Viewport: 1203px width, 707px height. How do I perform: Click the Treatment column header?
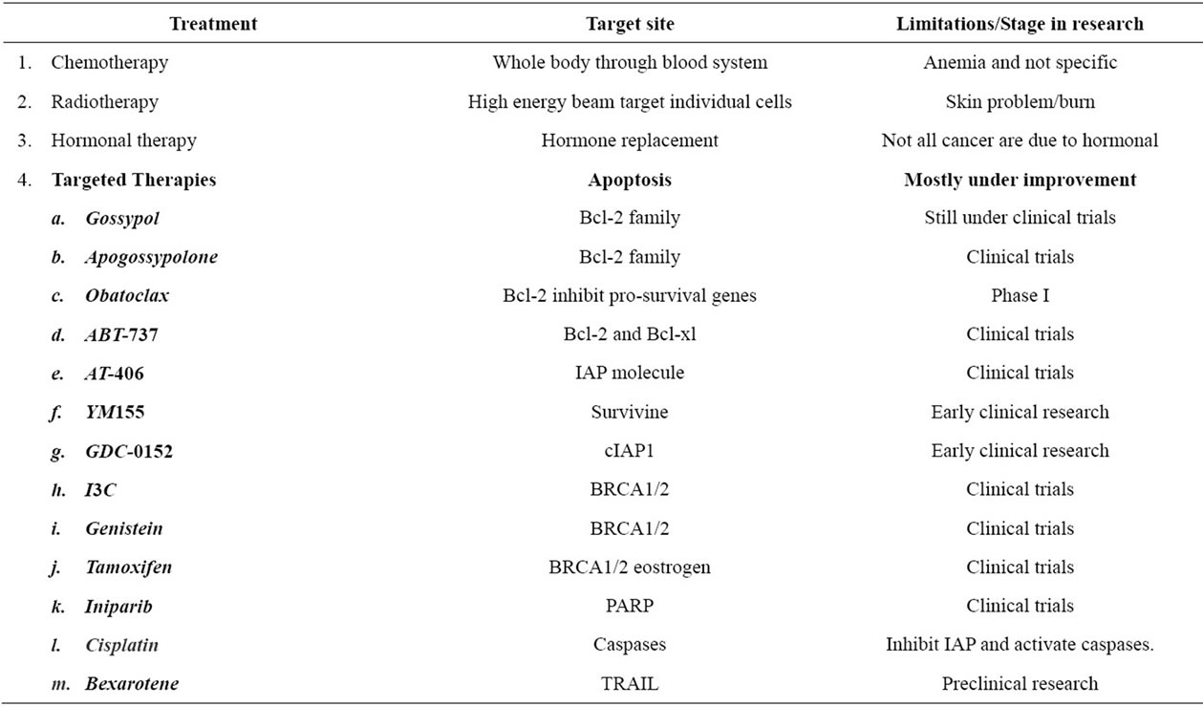point(213,24)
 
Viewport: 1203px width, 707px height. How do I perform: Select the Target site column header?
point(630,24)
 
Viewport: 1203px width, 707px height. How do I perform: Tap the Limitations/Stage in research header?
point(1020,24)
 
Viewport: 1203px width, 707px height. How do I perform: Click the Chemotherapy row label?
point(110,63)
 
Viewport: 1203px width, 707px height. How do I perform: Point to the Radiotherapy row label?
point(105,102)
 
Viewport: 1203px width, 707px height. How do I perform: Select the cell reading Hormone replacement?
point(630,140)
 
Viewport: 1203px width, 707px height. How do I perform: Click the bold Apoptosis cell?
point(630,180)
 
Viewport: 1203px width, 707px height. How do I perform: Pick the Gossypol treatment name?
point(122,219)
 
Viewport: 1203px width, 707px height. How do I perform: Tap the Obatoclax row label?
point(127,296)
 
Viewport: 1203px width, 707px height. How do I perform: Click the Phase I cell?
point(1020,296)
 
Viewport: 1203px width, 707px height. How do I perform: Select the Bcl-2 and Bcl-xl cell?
point(630,334)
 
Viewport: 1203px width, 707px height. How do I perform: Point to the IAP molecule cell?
point(630,373)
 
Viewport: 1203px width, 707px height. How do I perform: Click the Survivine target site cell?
point(630,412)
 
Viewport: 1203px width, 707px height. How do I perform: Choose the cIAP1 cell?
point(630,450)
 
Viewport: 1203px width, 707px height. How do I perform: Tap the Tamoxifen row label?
point(129,567)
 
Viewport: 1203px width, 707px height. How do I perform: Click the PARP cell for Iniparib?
point(630,606)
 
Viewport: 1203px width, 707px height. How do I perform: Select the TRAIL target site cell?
point(630,683)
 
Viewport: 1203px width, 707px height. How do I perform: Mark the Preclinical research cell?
point(1020,683)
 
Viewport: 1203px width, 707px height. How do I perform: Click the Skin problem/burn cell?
point(1020,102)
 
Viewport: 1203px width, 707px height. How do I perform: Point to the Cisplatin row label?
point(122,645)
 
